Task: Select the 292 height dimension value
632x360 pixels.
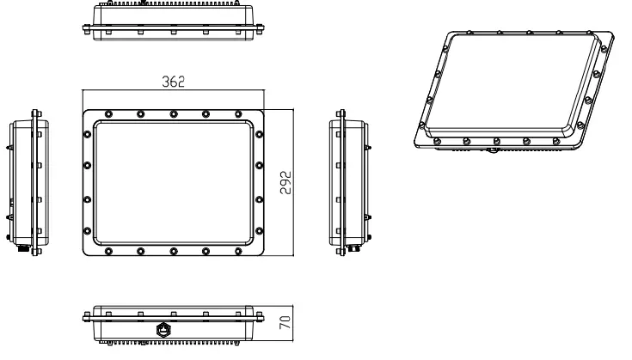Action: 285,183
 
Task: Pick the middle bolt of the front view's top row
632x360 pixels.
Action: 174,113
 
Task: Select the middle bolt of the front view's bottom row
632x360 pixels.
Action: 174,251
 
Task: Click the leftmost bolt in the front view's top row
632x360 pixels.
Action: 108,113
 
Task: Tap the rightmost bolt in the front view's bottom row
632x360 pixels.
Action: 239,251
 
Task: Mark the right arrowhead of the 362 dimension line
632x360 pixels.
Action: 264,89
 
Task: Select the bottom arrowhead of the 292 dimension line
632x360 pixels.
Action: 293,253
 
